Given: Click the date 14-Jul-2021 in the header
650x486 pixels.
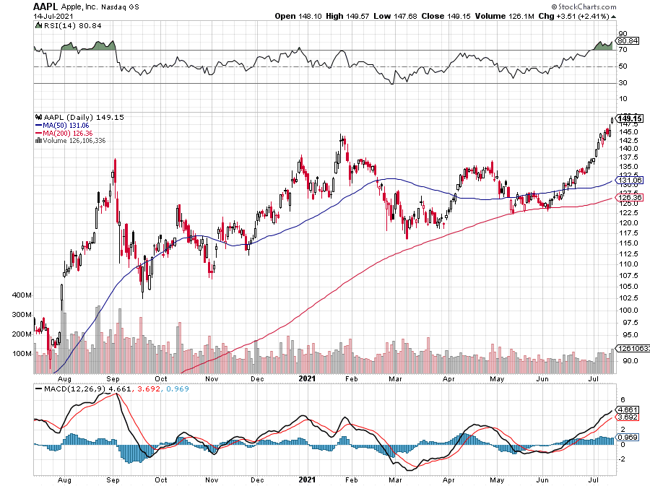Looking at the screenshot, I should pyautogui.click(x=53, y=15).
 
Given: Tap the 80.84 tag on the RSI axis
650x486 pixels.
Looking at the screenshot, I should pyautogui.click(x=627, y=41).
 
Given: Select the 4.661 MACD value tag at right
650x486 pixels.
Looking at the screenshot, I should pyautogui.click(x=627, y=409).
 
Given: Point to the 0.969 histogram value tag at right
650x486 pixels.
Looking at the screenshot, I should pyautogui.click(x=627, y=438).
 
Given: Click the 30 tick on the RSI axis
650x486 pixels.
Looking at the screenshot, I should pyautogui.click(x=622, y=82).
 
